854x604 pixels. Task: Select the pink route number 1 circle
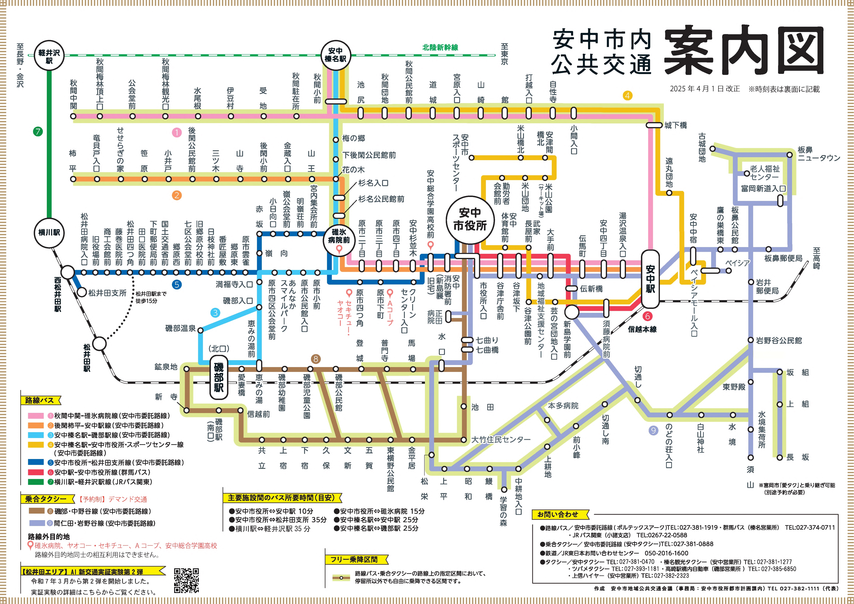177,132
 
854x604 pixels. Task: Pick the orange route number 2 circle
177,195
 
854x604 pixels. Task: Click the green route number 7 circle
38,131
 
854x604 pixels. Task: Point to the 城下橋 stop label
676,125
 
